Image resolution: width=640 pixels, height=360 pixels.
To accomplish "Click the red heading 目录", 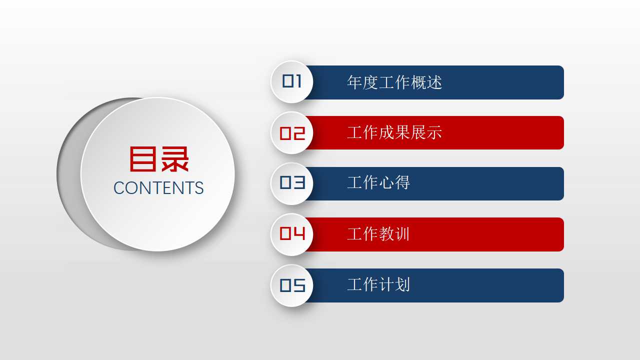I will tap(159, 159).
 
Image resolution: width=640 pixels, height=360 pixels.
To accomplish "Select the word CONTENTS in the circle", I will tap(158, 188).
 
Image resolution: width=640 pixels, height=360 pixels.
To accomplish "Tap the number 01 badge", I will tap(292, 81).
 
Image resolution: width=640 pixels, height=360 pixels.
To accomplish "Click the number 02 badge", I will tap(292, 133).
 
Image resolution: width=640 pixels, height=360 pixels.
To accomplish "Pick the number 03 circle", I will tap(292, 183).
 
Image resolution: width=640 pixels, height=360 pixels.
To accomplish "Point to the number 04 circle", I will tap(292, 234).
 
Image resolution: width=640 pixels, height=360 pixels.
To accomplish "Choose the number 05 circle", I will tap(292, 285).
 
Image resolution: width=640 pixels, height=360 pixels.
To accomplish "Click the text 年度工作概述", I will tap(394, 82).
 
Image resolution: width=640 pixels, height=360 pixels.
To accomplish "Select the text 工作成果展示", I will tap(394, 133).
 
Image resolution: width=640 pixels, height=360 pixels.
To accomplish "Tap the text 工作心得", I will tap(378, 183).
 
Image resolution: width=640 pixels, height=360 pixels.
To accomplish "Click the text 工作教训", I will tap(378, 234).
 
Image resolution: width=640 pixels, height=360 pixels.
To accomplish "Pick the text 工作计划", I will tap(378, 285).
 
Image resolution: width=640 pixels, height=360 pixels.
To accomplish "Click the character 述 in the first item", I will tap(434, 82).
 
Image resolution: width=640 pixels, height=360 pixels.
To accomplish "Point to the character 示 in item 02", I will tap(434, 133).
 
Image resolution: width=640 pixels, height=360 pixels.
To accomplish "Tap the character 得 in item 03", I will tap(402, 183).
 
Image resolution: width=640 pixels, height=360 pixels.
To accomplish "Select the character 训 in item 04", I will tap(402, 234).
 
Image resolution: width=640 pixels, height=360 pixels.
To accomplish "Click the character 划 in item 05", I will tap(402, 285).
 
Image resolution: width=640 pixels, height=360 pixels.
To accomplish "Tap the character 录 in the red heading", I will tap(174, 159).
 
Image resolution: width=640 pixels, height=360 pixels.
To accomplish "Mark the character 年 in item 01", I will tap(354, 82).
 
